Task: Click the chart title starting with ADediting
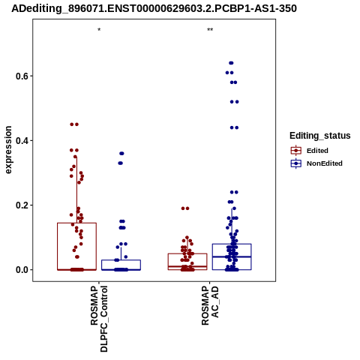coord(154,8)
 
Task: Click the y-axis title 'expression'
coord(8,150)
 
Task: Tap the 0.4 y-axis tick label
coord(22,140)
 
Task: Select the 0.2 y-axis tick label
coord(22,205)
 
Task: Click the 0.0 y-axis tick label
coord(22,270)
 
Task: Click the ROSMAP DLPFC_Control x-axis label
coord(99,319)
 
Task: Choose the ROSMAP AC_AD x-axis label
coord(210,305)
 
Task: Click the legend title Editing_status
coord(320,136)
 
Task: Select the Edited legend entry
coord(317,151)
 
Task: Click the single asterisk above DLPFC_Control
coord(99,30)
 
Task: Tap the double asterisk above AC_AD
coord(210,30)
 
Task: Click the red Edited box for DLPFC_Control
coord(58,246)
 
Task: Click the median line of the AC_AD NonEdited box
coord(232,256)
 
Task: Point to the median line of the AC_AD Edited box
coord(187,266)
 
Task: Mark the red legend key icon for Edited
coord(296,151)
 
